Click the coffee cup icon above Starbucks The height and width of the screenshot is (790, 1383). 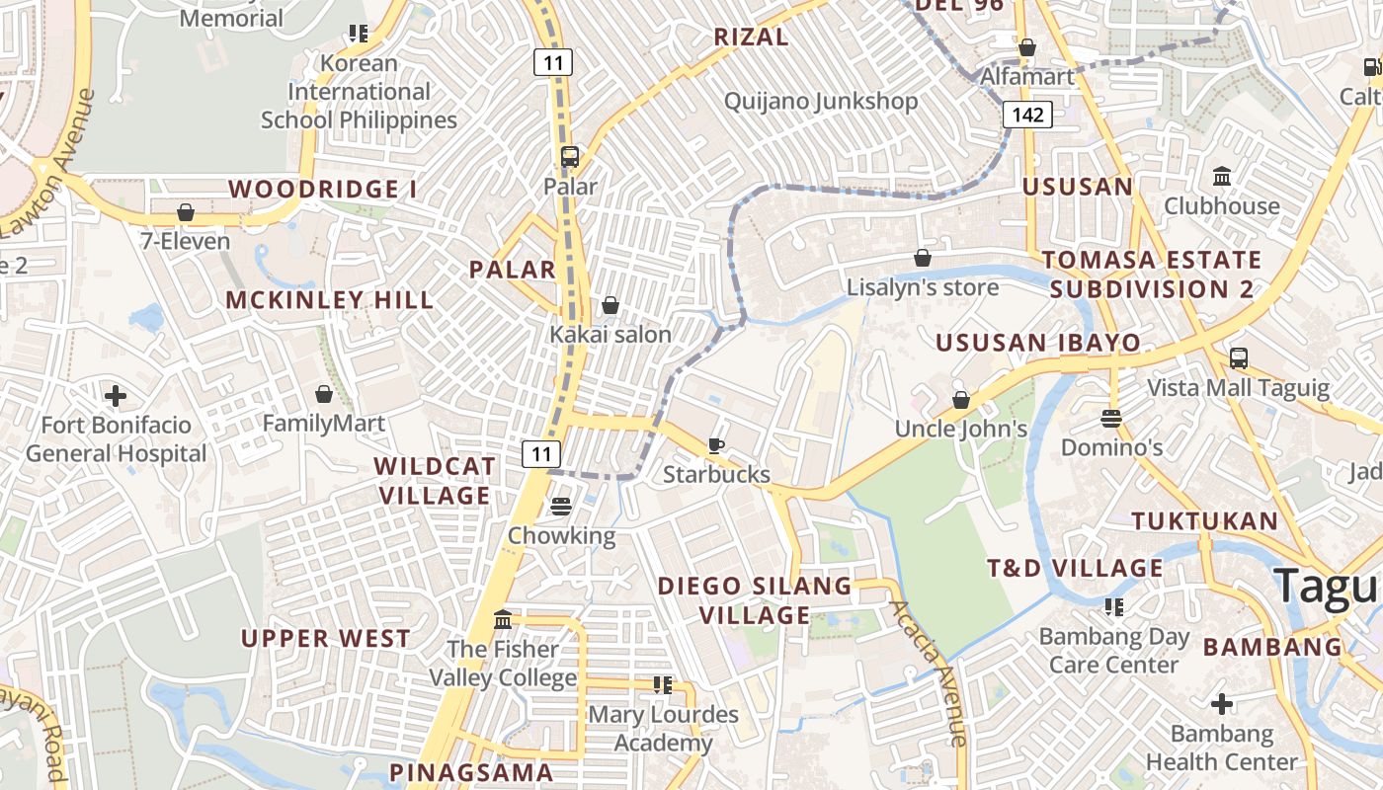point(716,446)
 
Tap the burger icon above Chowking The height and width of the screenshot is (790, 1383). point(561,507)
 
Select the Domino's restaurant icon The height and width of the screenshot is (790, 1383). point(1111,419)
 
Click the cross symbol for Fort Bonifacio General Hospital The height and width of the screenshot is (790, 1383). point(116,396)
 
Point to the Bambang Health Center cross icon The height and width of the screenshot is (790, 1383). point(1222,704)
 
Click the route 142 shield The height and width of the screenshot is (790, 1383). point(1027,115)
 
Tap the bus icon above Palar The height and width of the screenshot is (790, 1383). point(570,157)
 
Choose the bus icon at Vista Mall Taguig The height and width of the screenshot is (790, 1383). point(1239,358)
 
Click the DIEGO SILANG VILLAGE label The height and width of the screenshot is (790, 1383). point(756,600)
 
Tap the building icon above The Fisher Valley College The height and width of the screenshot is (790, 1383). point(503,619)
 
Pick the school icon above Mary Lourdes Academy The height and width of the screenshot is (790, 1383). point(663,684)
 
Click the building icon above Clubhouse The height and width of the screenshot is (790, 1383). point(1222,177)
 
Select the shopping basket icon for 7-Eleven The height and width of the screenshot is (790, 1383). point(185,212)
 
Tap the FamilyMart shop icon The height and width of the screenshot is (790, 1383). point(324,395)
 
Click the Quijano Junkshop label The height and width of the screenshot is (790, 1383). point(821,101)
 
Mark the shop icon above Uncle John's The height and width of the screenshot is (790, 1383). point(961,400)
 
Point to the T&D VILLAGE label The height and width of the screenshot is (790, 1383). point(1076,568)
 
